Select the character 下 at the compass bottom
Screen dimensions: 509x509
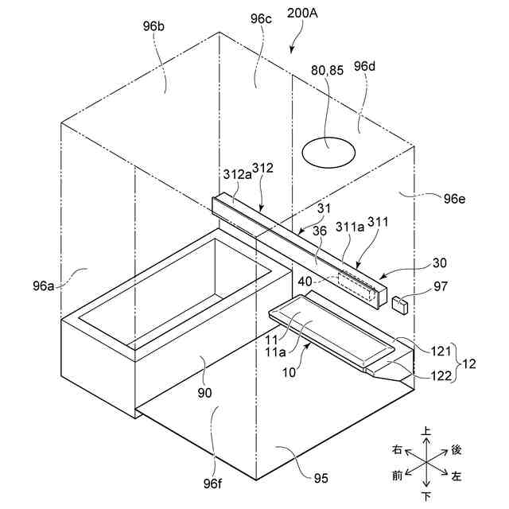426,497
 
